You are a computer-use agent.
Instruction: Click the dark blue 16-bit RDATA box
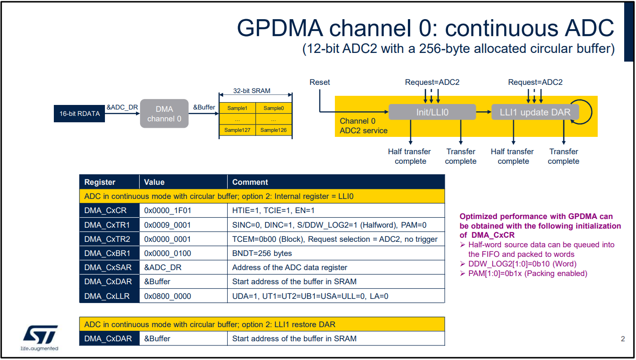tap(79, 114)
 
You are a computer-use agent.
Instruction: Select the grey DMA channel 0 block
tap(164, 114)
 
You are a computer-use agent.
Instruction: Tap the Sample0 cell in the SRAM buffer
tap(273, 108)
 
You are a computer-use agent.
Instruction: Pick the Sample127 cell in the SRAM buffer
tap(237, 130)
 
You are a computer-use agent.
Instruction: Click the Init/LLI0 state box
tap(432, 112)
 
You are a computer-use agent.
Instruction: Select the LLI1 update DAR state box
tap(535, 112)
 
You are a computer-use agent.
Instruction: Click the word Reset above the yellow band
tap(319, 82)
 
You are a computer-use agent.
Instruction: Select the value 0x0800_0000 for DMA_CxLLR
tap(167, 296)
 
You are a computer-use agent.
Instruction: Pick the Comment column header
tap(250, 182)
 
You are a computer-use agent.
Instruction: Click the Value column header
tap(154, 182)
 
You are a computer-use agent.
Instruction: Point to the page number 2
tap(623, 339)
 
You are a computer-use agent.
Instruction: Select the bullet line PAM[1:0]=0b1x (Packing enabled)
tap(527, 273)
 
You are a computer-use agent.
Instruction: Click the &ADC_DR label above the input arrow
tap(122, 107)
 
